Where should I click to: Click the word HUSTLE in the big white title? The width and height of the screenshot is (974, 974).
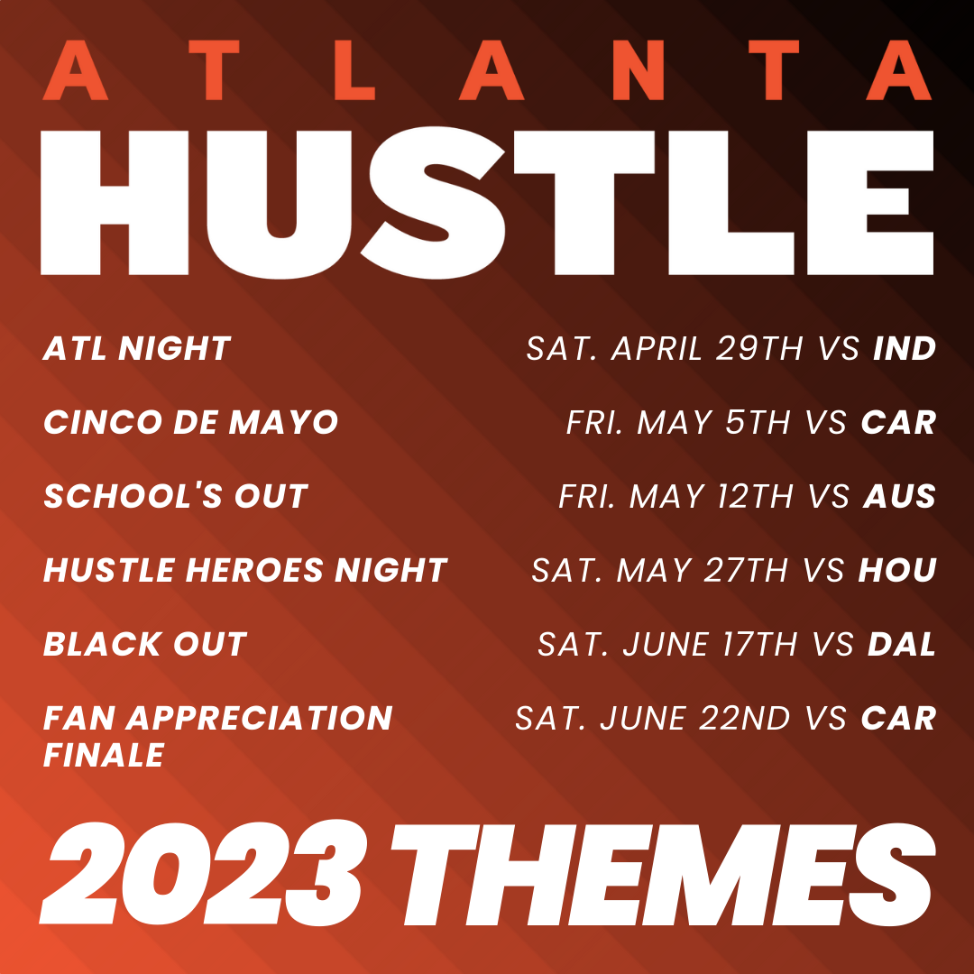point(487,202)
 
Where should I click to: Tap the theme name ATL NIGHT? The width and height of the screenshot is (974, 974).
point(137,348)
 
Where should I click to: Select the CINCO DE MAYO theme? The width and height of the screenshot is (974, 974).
point(190,422)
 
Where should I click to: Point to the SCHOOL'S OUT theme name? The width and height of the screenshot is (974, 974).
point(176,496)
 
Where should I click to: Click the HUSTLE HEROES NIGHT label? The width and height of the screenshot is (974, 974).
point(245,570)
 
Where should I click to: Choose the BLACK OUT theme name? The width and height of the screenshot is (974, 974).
point(145,644)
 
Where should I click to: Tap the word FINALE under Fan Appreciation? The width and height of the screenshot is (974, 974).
point(104,756)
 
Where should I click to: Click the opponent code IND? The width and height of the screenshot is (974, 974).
point(905,348)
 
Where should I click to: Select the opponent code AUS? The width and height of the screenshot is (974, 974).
point(899,496)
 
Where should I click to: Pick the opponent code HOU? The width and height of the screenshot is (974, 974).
point(897,570)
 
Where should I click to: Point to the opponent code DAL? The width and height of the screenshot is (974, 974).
point(902,644)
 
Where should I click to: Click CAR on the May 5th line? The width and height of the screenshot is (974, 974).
point(898,422)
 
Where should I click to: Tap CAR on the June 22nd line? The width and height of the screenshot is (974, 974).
point(898,718)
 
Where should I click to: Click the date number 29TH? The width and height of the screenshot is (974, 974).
point(759,348)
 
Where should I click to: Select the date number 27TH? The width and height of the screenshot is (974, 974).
point(746,570)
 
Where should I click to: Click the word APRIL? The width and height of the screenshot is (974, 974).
point(657,348)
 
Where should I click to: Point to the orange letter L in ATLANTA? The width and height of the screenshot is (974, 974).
point(354,70)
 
